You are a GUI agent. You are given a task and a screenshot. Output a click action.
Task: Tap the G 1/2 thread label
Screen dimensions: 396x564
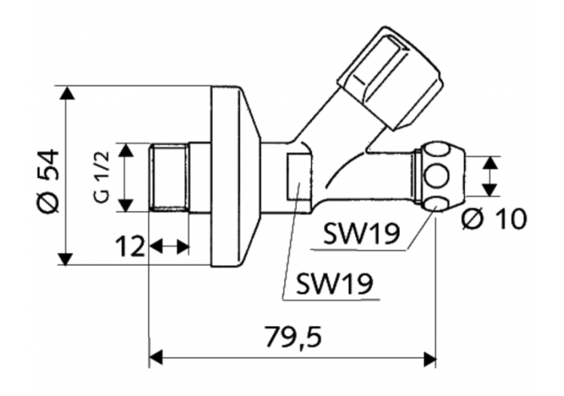[x=103, y=177]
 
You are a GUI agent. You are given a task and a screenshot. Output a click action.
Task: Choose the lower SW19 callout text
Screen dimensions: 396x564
[x=335, y=283]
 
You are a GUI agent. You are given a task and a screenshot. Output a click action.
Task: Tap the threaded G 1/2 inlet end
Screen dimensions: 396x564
[x=168, y=179]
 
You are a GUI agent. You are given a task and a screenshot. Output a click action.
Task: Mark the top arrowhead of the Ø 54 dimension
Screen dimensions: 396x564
[x=67, y=93]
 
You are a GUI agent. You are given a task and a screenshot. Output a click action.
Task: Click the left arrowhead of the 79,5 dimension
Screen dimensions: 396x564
[x=156, y=358]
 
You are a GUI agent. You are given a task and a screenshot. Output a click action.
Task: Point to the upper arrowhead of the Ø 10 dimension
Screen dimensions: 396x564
[x=490, y=162]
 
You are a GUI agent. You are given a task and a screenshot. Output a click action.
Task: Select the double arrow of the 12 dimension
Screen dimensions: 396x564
[x=169, y=246]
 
